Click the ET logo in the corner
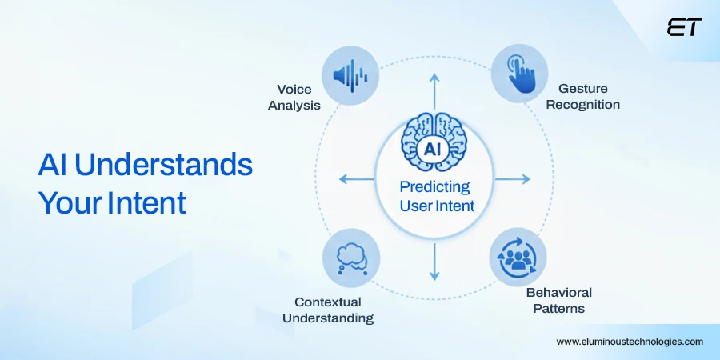[684, 26]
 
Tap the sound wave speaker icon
[350, 75]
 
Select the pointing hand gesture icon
[520, 74]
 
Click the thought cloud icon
[352, 258]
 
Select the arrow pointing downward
[434, 262]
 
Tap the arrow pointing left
[356, 178]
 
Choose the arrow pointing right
[513, 178]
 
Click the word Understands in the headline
[164, 166]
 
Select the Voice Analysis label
[294, 97]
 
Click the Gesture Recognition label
[582, 97]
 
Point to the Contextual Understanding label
[328, 310]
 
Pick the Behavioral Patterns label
[559, 300]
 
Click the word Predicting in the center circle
[434, 187]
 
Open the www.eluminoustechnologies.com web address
[630, 342]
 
